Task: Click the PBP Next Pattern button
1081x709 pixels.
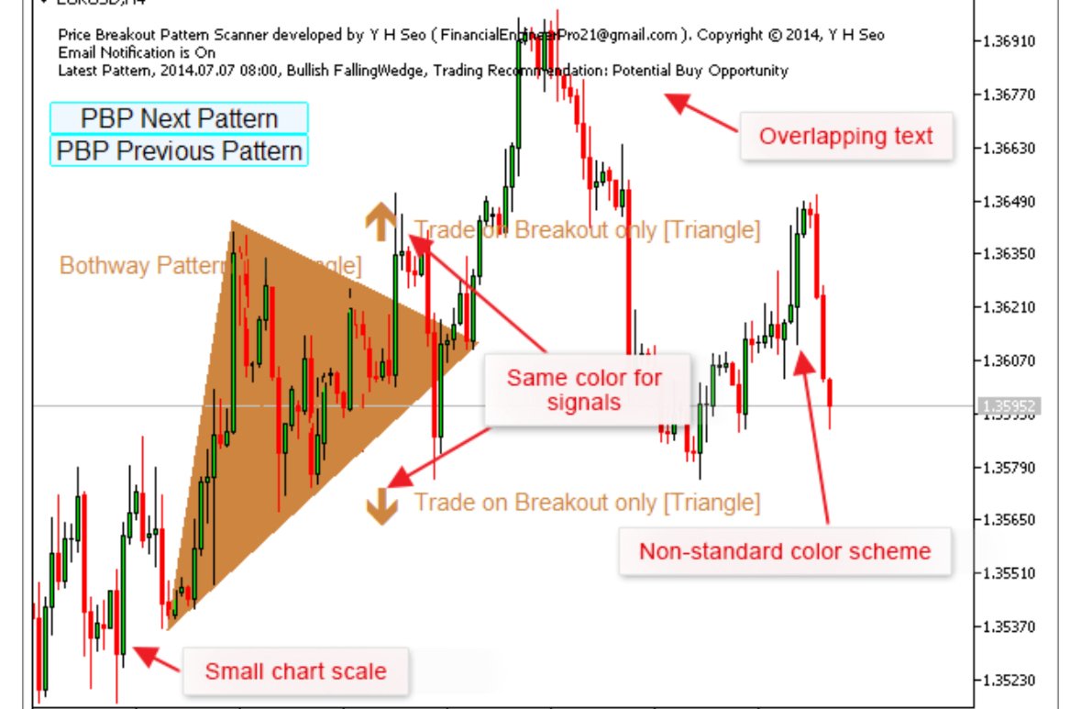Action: coord(179,118)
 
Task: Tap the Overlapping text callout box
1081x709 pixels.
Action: coord(845,137)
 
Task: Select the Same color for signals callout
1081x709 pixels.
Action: coord(584,390)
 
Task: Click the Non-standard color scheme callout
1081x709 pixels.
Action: coord(784,551)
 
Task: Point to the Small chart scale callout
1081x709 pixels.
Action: coord(295,671)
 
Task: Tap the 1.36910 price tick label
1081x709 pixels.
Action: coord(1009,42)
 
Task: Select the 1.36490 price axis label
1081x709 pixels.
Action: coord(1009,201)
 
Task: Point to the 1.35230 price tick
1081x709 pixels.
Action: coord(1009,680)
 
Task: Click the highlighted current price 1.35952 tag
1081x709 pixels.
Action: coord(1009,405)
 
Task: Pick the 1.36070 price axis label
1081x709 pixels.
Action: coord(1009,360)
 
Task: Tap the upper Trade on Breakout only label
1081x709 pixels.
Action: coord(587,230)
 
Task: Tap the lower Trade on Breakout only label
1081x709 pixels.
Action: coord(587,503)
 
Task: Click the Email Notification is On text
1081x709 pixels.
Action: coord(137,52)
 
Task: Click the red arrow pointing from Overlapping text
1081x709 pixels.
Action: coord(701,115)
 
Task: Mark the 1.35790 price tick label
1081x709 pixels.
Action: coord(1009,467)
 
